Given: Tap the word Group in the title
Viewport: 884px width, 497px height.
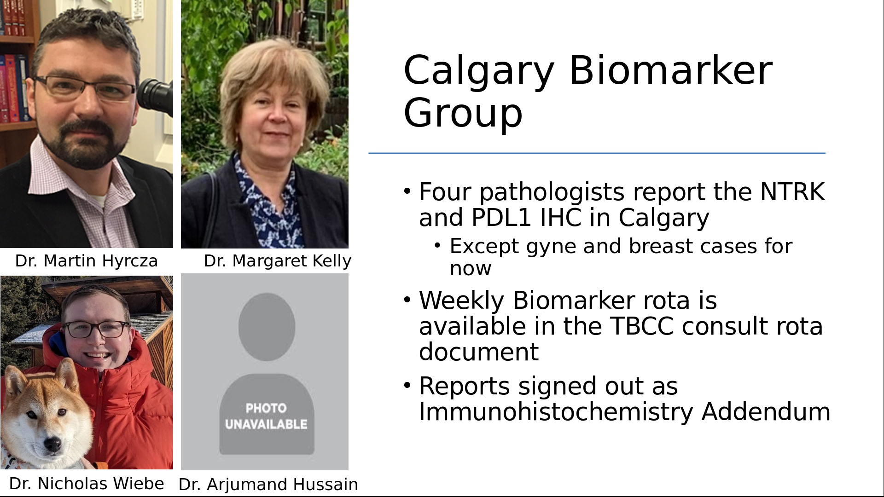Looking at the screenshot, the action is (463, 114).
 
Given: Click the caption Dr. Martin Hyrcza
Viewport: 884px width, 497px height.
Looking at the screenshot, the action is (87, 261).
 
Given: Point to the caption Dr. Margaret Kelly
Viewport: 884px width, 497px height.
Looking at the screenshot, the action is (277, 261).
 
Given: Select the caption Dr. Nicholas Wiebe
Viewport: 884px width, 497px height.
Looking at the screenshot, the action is (87, 483).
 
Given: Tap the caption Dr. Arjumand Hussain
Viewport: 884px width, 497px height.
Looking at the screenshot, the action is (268, 485).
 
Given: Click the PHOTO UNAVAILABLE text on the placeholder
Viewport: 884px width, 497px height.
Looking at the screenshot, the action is (266, 416).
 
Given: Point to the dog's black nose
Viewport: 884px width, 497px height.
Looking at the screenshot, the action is (52, 444).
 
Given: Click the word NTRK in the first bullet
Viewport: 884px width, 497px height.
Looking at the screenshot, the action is (792, 192).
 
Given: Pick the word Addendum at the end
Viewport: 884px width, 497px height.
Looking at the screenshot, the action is (766, 412).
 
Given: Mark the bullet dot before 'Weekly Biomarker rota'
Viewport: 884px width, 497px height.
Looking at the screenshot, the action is (407, 300).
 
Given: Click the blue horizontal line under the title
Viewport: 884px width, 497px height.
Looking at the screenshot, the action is (597, 153).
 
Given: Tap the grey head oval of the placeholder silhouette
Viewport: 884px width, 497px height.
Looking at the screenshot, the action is (267, 327).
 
